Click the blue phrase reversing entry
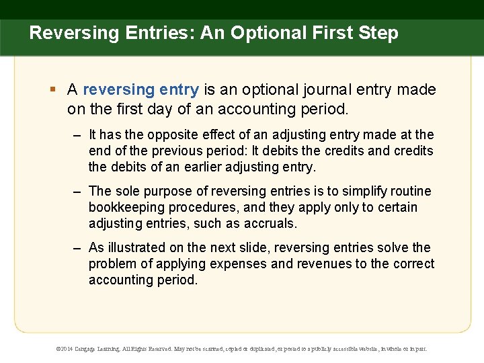pyautogui.click(x=140, y=89)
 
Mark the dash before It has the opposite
pyautogui.click(x=78, y=135)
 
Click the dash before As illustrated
pyautogui.click(x=78, y=248)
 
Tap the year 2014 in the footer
pyautogui.click(x=69, y=350)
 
